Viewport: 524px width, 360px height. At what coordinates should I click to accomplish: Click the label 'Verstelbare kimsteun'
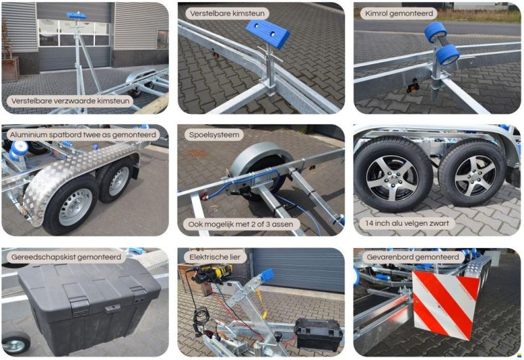pyautogui.click(x=227, y=14)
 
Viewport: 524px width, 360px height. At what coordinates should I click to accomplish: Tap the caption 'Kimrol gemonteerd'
pyautogui.click(x=399, y=14)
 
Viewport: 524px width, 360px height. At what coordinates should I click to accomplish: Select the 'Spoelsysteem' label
pyautogui.click(x=214, y=135)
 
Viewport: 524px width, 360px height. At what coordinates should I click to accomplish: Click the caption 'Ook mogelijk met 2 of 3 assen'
pyautogui.click(x=240, y=224)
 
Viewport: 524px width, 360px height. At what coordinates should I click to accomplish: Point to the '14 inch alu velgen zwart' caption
pyautogui.click(x=407, y=223)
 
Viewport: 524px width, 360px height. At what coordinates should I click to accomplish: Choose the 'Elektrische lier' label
pyautogui.click(x=215, y=257)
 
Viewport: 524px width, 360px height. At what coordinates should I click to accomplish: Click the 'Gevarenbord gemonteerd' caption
pyautogui.click(x=413, y=257)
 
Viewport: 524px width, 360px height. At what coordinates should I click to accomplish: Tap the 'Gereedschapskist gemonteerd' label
pyautogui.click(x=66, y=257)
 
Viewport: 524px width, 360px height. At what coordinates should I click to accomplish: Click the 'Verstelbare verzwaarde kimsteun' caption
pyautogui.click(x=70, y=101)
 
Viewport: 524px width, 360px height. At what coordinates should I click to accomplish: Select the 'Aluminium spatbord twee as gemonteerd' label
pyautogui.click(x=83, y=135)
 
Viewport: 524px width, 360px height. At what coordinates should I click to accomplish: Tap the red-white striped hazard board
pyautogui.click(x=445, y=303)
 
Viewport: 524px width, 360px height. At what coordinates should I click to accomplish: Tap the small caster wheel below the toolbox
pyautogui.click(x=16, y=343)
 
